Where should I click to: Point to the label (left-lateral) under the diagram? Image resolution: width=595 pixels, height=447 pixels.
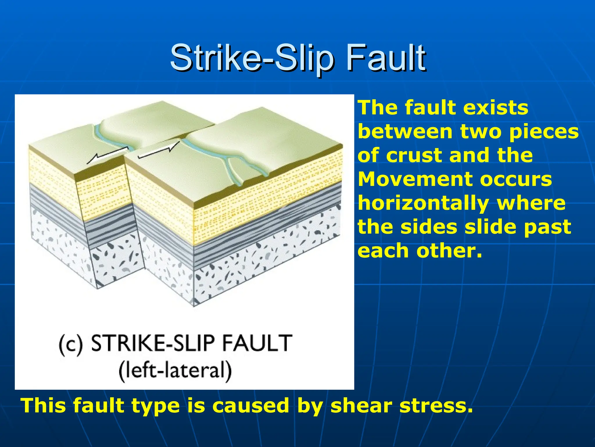[x=175, y=370]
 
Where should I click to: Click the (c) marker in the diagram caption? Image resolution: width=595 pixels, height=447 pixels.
[x=71, y=344]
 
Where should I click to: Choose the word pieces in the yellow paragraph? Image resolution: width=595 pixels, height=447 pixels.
[x=544, y=132]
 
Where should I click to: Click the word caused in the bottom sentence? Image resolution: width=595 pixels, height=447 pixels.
[x=251, y=405]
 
